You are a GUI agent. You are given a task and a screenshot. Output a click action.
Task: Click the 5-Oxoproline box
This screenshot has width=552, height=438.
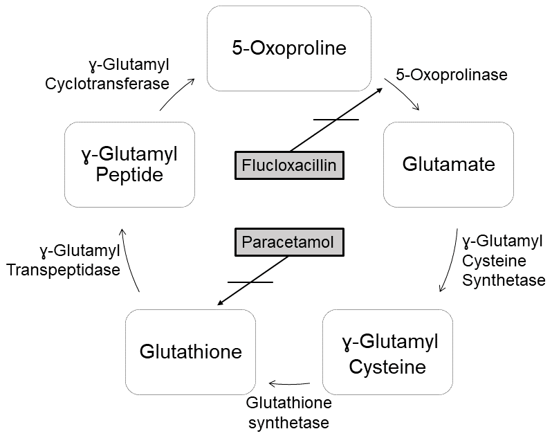pos(288,48)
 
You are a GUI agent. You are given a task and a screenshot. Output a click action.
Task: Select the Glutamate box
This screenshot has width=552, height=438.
pos(448,164)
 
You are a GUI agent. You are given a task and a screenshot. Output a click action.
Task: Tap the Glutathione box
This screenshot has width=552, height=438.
pos(190,352)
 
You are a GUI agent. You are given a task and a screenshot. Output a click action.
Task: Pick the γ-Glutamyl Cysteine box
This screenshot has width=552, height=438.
pos(387,353)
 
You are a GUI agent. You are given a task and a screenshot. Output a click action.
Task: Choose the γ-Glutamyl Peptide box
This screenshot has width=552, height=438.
pos(129,164)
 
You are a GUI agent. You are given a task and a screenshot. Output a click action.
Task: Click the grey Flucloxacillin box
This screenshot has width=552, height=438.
pos(289,165)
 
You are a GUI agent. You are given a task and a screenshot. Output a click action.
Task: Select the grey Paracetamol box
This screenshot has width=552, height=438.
pos(288,242)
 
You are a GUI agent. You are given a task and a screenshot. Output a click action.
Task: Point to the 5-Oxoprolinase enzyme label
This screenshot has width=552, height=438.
pos(451,74)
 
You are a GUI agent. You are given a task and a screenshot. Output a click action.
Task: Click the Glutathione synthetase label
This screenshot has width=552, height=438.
pos(289,412)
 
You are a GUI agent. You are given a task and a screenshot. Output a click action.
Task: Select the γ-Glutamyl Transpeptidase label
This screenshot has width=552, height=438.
pos(63,259)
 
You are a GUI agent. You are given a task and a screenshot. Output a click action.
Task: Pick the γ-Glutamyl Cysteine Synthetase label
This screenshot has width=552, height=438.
pos(503,261)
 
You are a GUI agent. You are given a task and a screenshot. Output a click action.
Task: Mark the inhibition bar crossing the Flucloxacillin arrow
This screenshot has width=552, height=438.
pos(336,120)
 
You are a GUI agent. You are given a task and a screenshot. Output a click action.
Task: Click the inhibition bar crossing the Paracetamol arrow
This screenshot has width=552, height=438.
pos(250,282)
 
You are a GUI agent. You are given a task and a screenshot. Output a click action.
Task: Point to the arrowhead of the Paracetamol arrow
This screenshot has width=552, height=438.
pos(220,302)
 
